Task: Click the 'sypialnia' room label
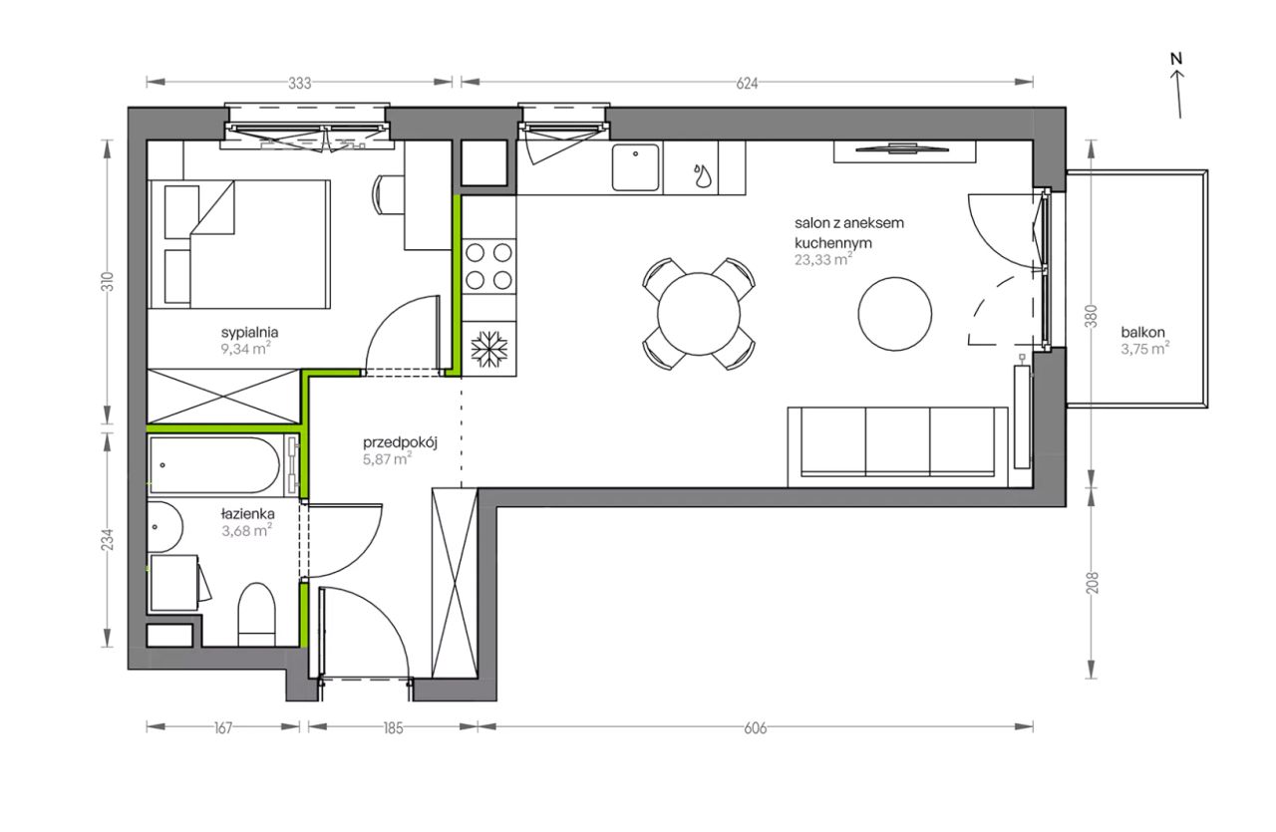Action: pos(249,332)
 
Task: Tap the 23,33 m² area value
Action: pos(823,260)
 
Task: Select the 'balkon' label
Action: pos(1142,332)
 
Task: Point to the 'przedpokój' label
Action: pos(400,443)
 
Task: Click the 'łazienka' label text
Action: pos(248,514)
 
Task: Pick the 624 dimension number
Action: pos(747,84)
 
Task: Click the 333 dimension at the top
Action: pos(300,84)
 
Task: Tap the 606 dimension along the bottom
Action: pos(756,728)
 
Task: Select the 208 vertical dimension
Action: pos(1092,583)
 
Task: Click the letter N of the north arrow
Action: pos(1176,58)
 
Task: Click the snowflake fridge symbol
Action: pos(488,349)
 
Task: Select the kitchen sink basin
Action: pos(636,167)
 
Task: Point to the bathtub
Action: pos(214,465)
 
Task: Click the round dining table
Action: pos(699,314)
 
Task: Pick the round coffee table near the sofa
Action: pos(895,314)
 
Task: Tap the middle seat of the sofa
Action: pos(898,442)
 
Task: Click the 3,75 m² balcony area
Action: pos(1145,349)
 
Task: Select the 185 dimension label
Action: pos(393,728)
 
